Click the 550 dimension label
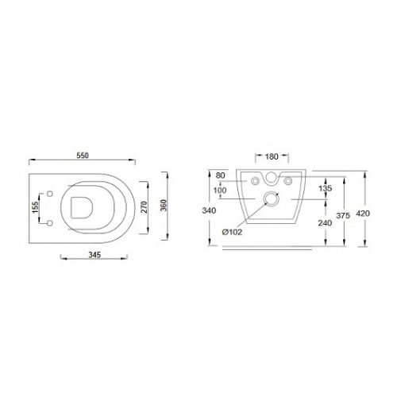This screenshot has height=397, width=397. tap(83, 156)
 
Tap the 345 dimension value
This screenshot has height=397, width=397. tap(94, 255)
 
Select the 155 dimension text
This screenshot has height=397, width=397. tap(35, 207)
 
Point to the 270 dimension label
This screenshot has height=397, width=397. tap(144, 207)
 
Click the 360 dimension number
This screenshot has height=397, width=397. tap(164, 206)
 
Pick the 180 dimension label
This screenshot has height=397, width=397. tap(272, 156)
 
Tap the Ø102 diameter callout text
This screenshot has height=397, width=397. tap(232, 232)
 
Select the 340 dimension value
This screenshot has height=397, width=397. tap(209, 210)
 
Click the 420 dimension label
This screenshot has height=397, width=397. tap(363, 214)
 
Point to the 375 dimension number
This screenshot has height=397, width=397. tap(343, 216)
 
